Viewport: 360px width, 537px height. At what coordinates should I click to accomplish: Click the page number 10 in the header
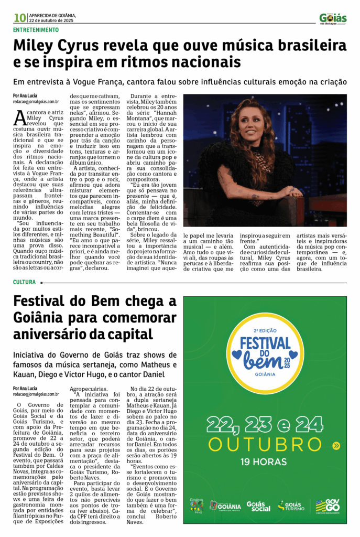point(19,18)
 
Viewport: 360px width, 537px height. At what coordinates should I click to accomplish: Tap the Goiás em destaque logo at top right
point(333,18)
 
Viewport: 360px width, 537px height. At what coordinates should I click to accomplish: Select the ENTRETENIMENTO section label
point(36,30)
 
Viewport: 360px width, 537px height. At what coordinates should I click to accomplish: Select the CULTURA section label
point(25,282)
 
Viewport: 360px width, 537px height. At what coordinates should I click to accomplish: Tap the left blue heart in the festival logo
point(237,355)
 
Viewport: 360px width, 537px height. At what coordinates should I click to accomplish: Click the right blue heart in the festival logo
point(293,355)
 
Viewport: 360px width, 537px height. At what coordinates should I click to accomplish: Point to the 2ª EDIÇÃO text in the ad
point(265,331)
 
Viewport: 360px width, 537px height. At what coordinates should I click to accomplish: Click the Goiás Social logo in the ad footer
point(259,506)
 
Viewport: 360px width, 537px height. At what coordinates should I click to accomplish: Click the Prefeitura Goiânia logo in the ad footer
point(225,506)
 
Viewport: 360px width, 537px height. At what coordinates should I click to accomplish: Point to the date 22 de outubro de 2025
point(51,20)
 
